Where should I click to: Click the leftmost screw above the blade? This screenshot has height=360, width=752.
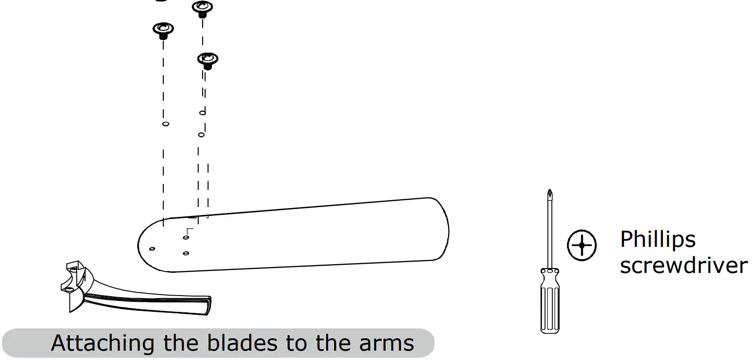[163, 29]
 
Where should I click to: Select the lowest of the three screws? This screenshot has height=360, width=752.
[208, 60]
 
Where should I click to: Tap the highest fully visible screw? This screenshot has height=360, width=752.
[202, 7]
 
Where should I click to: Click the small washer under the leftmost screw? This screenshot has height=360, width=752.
[165, 124]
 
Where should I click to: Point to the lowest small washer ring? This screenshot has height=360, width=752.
[201, 134]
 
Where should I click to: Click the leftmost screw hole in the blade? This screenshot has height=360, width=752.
[152, 248]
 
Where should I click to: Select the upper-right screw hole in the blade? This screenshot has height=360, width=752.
[186, 238]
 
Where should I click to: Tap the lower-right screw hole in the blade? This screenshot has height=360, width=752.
[186, 253]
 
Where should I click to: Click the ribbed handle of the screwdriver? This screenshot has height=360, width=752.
[549, 305]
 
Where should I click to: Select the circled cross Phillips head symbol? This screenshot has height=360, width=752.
[582, 244]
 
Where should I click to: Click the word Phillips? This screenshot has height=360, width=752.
[658, 240]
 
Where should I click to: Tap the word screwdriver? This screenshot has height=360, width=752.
[683, 266]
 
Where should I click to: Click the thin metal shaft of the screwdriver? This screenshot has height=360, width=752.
[549, 231]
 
